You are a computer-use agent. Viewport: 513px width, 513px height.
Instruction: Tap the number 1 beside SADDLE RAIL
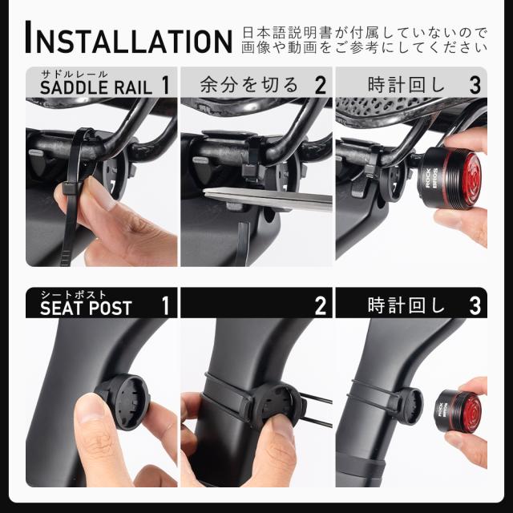[165, 84]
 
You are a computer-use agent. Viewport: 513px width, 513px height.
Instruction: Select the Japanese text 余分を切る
[248, 84]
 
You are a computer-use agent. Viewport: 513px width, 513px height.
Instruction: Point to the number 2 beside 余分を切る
[320, 84]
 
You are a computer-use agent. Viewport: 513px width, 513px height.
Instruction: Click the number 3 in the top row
[475, 84]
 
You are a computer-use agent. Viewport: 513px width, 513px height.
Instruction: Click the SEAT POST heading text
[86, 308]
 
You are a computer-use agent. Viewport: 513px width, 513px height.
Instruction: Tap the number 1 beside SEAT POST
[165, 305]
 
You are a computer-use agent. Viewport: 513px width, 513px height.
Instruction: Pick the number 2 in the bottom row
[320, 305]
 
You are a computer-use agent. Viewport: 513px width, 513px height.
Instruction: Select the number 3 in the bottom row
[475, 305]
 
